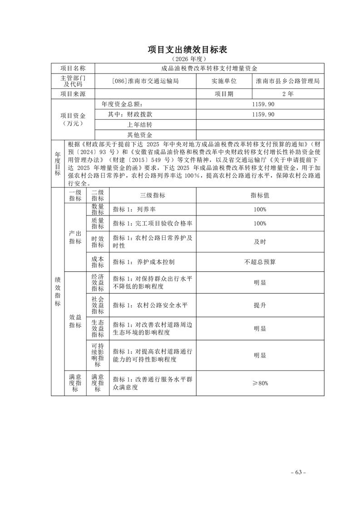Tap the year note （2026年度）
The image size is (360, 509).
point(187,59)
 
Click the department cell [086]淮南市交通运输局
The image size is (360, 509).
point(145,81)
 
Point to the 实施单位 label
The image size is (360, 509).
point(224,81)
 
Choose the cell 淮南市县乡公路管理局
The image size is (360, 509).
point(287,81)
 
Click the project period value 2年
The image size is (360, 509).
point(287,94)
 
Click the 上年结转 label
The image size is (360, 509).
point(140,125)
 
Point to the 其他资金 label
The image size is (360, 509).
point(140,135)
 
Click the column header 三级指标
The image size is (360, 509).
point(153,195)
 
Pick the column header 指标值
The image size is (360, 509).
point(260,195)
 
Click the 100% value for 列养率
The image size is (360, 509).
point(260,210)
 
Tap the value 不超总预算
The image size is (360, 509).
point(260,262)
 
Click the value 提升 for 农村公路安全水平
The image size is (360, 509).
point(260,306)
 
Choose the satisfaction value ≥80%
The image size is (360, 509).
point(260,383)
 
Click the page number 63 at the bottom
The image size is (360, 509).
point(298,472)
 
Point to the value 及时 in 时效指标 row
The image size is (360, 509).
point(260,242)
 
